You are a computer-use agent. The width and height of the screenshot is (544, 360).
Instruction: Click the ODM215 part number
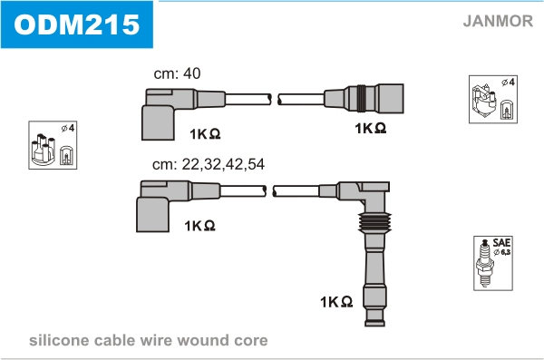(x=77, y=24)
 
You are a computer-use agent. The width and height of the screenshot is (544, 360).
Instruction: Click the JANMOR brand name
(x=498, y=21)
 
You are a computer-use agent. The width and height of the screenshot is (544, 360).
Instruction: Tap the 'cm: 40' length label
(x=177, y=73)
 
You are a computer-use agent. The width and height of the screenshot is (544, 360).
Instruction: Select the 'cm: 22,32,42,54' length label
(x=209, y=164)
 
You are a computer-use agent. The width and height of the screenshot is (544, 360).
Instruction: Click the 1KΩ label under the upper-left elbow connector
(x=205, y=133)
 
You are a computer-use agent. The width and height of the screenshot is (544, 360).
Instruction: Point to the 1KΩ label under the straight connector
(x=370, y=128)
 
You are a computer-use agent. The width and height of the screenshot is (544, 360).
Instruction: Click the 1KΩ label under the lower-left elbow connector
(x=199, y=226)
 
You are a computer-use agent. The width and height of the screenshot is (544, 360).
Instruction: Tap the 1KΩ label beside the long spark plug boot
(x=336, y=302)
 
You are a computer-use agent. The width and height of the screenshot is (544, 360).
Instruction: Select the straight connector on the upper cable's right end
(x=364, y=98)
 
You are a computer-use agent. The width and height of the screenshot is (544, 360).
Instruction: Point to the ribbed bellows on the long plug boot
(x=374, y=221)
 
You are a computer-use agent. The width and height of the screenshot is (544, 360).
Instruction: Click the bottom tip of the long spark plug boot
(x=374, y=325)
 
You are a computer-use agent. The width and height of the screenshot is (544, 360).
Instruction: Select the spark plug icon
(x=485, y=263)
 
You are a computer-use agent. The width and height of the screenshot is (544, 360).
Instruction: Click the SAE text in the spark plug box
(x=501, y=242)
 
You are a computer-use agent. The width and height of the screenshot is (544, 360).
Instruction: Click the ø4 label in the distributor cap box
(x=68, y=128)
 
